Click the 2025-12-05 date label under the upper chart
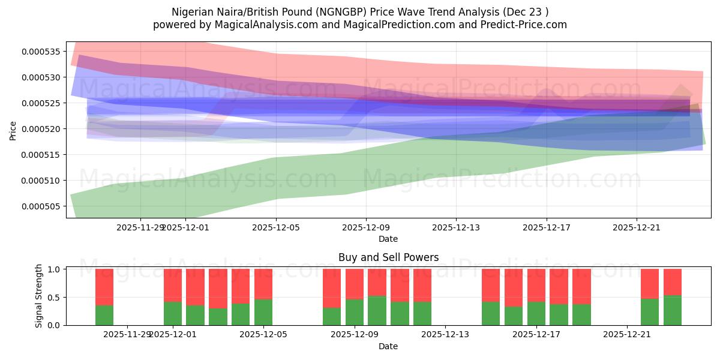point(276,227)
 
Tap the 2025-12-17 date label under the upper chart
point(547,227)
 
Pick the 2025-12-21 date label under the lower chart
point(627,335)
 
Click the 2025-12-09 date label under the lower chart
point(355,335)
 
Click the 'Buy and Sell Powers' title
point(388,257)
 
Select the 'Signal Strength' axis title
point(39,296)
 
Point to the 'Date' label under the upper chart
point(388,239)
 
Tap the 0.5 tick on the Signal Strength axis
point(53,297)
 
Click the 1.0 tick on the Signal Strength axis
point(53,269)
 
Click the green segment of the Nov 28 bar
point(104,315)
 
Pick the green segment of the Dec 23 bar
point(673,310)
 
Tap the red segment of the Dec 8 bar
point(332,288)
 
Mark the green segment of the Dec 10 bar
point(377,310)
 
